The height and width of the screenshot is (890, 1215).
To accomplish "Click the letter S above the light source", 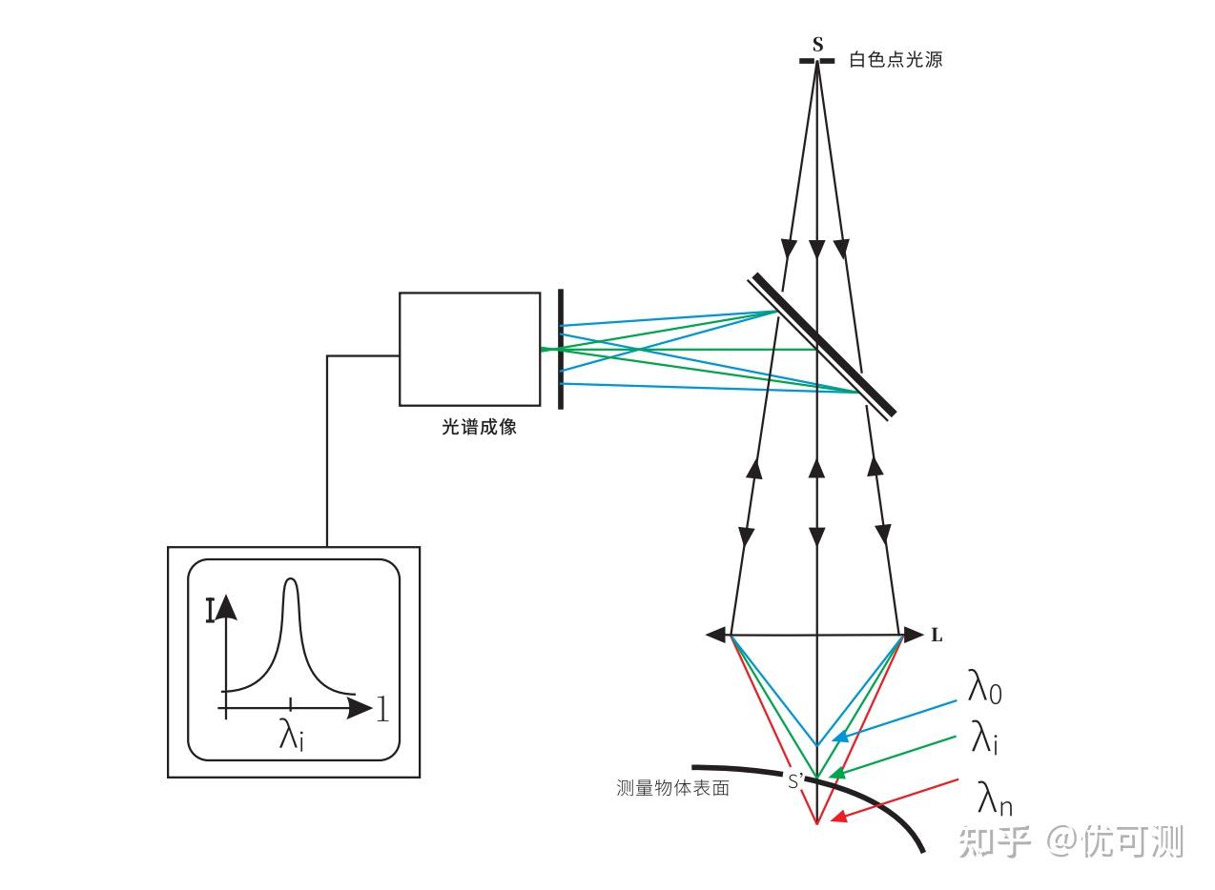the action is tap(817, 45).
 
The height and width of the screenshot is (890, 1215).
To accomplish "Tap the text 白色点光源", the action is tap(896, 60).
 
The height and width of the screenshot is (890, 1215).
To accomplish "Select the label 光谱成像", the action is tap(479, 427).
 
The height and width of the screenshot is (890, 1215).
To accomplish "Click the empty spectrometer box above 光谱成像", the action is tap(470, 349).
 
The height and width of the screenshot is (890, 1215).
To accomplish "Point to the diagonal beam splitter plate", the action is tap(822, 346).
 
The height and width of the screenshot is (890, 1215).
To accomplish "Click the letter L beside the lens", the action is tap(937, 636).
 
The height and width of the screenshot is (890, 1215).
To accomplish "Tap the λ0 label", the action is tap(984, 687).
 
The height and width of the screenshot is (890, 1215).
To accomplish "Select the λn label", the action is tap(995, 798).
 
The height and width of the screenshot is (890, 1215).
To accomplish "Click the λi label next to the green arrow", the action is tap(984, 738).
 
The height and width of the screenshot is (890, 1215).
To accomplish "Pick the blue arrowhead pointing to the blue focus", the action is tap(840, 738).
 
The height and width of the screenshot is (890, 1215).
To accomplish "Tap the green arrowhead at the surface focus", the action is tap(838, 773).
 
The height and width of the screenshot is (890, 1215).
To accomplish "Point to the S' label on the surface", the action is tap(796, 781).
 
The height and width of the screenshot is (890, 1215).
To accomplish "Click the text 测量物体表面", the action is tap(672, 788).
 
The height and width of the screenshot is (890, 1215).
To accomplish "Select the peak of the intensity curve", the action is tap(291, 579).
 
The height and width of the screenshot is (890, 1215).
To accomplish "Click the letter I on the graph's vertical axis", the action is tap(211, 610).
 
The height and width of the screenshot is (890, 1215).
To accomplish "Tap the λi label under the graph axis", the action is tap(291, 735).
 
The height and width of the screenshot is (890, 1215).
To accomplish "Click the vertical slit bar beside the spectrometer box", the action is tap(561, 349).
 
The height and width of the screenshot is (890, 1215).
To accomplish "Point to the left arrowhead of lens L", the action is tap(715, 635).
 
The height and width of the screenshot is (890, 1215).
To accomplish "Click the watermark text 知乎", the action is tap(994, 841).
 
